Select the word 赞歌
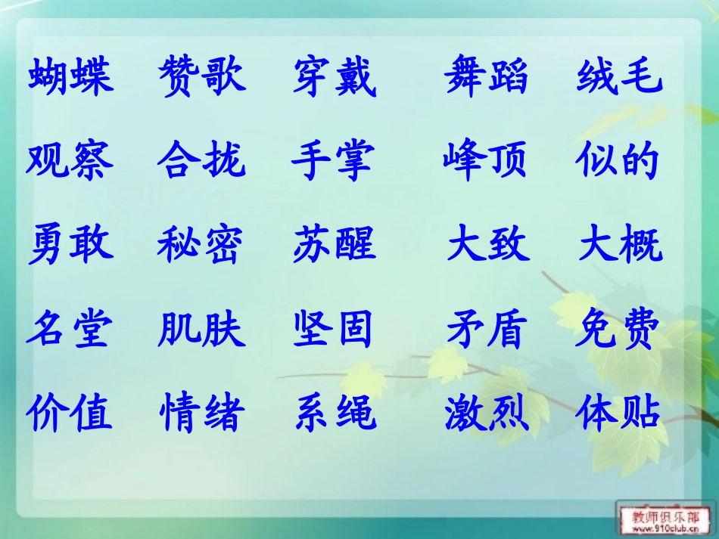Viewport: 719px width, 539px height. pos(201,76)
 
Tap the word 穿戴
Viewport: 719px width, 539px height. pos(334,77)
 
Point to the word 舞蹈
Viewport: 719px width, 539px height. pos(486,76)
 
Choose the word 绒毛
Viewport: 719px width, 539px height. pos(619,76)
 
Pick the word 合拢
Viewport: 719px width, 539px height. pos(201,160)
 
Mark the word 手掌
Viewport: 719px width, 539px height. pos(334,160)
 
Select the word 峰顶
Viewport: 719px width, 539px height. pos(484,160)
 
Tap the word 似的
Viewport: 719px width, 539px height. pos(618,160)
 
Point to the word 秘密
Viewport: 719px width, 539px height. pos(201,244)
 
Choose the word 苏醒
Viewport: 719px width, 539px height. pos(334,244)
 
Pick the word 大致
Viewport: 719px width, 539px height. pos(488,244)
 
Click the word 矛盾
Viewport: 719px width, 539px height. pos(486,330)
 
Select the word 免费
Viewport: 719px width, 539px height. pos(618,330)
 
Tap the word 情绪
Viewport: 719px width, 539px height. pos(201,413)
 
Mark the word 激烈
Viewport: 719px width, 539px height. pos(486,413)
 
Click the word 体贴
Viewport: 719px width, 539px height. pos(618,413)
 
